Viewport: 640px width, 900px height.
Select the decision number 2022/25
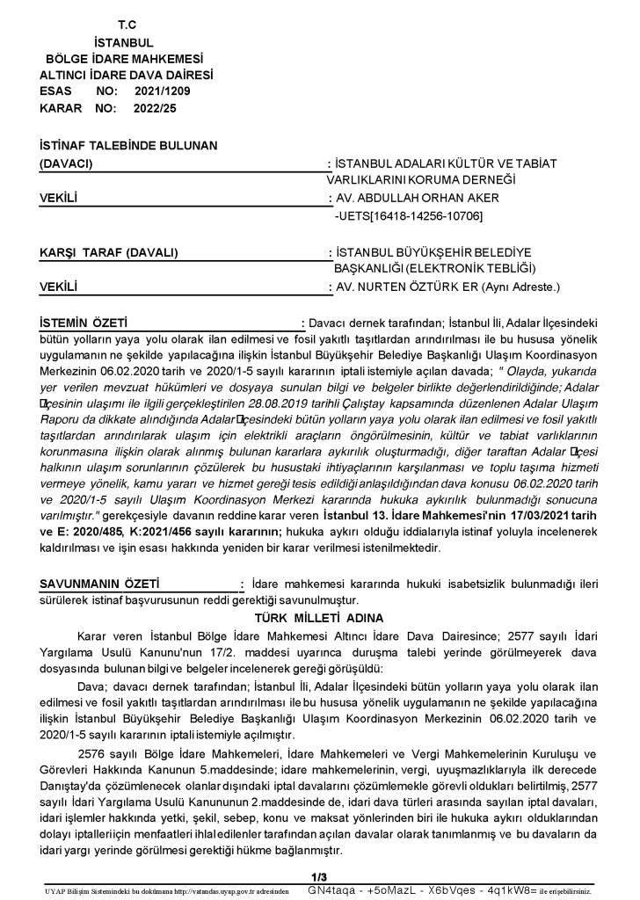(155, 107)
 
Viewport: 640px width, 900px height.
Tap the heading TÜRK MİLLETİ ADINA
(320, 618)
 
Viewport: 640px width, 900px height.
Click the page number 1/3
(319, 876)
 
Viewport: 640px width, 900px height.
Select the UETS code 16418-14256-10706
(416, 215)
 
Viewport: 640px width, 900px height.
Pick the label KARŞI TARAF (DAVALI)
(109, 253)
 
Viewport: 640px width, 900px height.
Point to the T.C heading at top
(114, 25)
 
